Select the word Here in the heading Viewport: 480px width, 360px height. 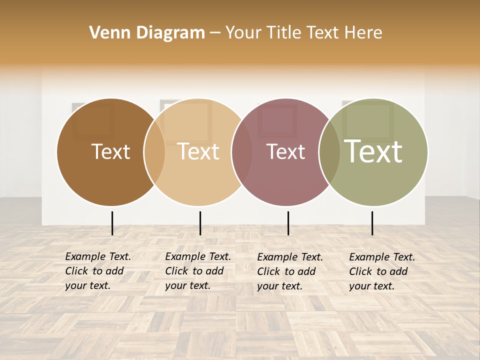coord(363,33)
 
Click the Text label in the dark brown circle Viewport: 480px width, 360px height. coord(110,151)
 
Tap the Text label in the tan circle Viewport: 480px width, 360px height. coord(198,151)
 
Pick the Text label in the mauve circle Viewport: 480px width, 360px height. coord(285,152)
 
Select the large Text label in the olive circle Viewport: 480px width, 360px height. coord(373,151)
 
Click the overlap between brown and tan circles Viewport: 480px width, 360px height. coord(154,152)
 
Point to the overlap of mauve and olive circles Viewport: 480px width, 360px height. coord(329,152)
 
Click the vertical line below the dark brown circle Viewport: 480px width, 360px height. coord(112,223)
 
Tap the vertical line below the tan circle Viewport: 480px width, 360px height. coord(200,223)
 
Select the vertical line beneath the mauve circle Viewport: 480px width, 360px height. coord(288,223)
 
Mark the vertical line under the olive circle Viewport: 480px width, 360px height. coord(372,223)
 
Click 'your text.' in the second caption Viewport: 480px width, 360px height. coord(187,285)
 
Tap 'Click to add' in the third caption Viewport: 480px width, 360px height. coord(286,271)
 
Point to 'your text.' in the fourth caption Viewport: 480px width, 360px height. coord(371,286)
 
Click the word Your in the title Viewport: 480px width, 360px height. coord(243,33)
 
